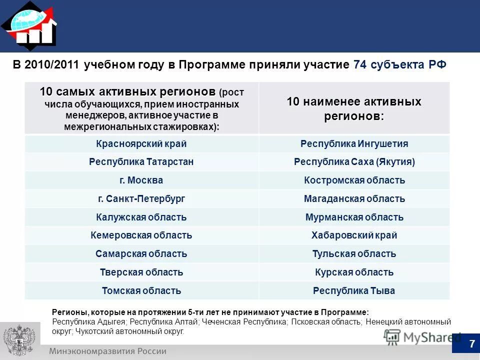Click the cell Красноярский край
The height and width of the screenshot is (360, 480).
141,144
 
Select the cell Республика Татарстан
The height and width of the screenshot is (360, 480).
141,162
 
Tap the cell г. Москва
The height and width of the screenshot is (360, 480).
141,180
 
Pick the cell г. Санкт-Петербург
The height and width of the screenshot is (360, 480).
141,198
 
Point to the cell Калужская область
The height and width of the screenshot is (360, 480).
141,217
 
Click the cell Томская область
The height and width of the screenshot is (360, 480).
141,290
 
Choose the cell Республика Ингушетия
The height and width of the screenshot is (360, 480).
354,144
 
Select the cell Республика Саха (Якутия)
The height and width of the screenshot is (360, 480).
354,162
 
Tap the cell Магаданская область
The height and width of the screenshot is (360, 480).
354,198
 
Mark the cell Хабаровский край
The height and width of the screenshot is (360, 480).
354,235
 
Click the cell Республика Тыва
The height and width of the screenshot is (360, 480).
354,290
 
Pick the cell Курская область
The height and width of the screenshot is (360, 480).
354,272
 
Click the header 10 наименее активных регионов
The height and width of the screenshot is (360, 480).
354,108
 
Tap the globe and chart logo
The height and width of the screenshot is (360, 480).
29,25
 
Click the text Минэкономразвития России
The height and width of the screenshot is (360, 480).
107,351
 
